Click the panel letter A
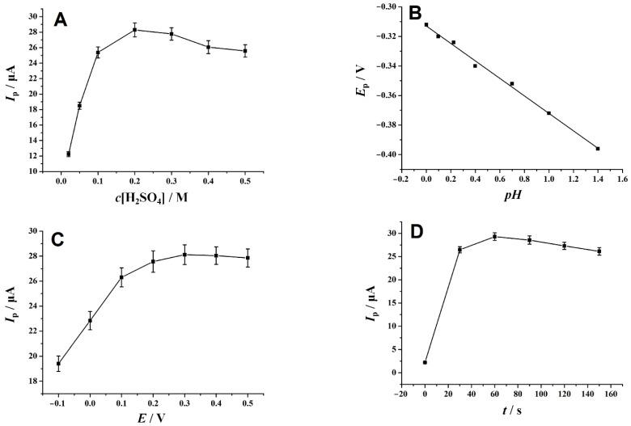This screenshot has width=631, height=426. click(60, 21)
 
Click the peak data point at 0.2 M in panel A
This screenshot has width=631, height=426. click(135, 30)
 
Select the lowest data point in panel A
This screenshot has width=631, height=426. click(68, 154)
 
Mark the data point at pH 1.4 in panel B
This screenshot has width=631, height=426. click(598, 149)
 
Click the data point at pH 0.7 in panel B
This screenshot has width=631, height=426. click(512, 83)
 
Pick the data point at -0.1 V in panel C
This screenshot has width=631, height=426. click(58, 364)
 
